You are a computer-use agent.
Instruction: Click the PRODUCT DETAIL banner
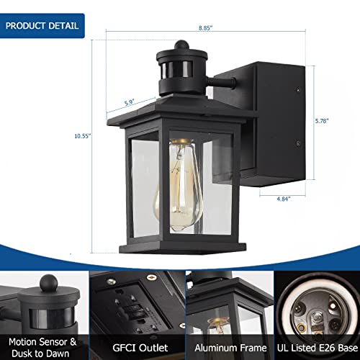42,26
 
